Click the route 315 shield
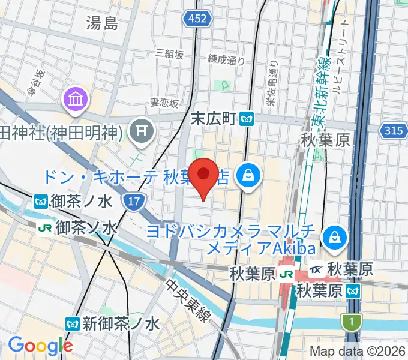[x=393, y=130]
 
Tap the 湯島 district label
[x=102, y=23]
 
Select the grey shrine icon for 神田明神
[x=142, y=130]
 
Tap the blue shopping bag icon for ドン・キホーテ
[x=247, y=175]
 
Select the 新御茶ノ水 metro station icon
[x=73, y=324]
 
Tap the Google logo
[x=40, y=345]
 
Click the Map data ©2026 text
[x=358, y=352]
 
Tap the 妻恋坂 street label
[x=164, y=103]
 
